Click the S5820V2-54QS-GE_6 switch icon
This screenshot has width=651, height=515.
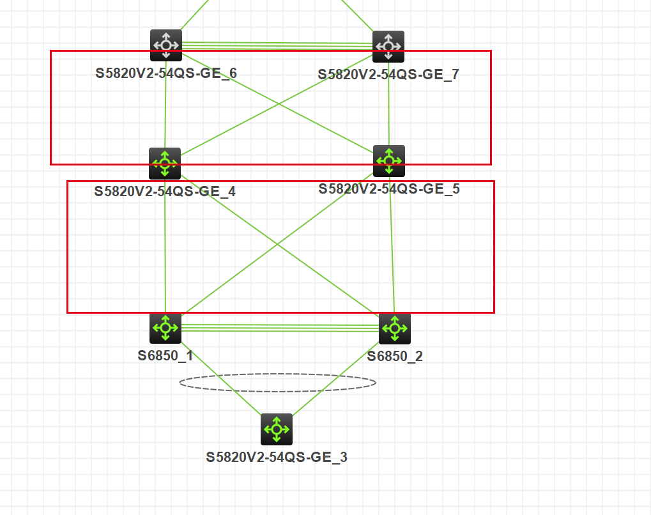(166, 45)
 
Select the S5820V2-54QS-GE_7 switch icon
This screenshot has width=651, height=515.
(388, 47)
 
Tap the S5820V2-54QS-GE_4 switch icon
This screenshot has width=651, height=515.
(165, 164)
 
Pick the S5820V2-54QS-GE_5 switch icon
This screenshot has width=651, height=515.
(389, 161)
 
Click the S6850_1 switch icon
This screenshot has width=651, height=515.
(165, 328)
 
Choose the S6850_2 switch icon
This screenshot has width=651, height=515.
(395, 329)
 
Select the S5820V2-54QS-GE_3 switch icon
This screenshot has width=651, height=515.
(277, 429)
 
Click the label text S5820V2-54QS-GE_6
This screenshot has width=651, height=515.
(166, 73)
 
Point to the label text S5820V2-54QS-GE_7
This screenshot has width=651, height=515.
(388, 75)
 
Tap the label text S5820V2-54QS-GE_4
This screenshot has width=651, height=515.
(165, 191)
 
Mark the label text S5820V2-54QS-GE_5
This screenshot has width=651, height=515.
(389, 189)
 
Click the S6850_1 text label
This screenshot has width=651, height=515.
(165, 356)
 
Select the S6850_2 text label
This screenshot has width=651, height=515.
(395, 357)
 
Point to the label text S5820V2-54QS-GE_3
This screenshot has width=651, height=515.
(277, 457)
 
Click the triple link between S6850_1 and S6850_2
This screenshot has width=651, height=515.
(280, 328)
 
